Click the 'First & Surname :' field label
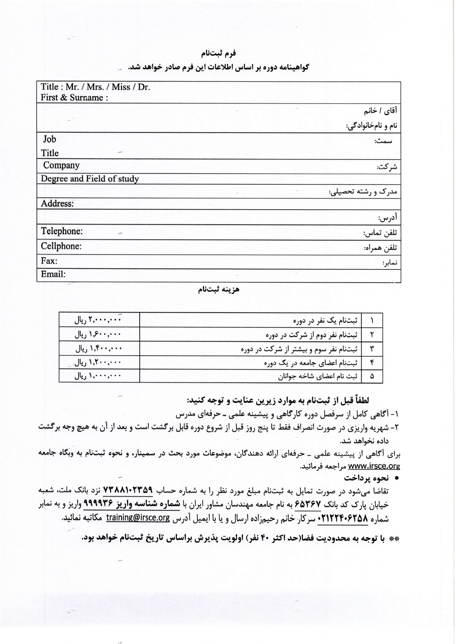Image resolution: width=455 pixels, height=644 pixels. coord(74,98)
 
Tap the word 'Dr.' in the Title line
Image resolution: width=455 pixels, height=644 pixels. coord(144,87)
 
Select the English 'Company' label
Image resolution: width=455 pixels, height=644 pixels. coord(61,165)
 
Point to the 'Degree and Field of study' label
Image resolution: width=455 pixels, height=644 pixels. coord(90,179)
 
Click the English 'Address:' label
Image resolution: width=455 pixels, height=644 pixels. coord(57,204)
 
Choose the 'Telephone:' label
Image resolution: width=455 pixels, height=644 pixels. coord(62,231)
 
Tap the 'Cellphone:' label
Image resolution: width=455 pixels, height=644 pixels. coord(61,246)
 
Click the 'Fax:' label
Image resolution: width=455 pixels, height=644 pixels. coord(49,261)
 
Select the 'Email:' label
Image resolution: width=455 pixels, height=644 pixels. coord(53,274)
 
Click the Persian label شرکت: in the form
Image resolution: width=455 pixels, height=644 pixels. coord(387,167)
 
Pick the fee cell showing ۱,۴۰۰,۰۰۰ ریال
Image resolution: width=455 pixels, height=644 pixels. coord(99,349)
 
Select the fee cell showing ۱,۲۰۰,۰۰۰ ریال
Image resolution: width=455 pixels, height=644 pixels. coord(98,362)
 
